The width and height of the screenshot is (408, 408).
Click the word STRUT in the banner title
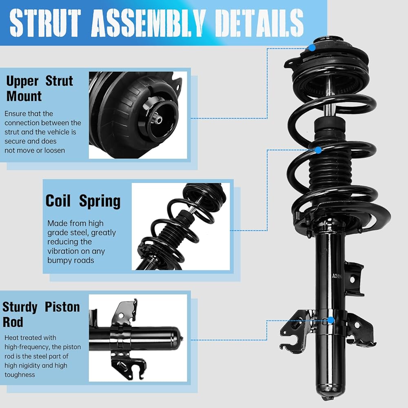45,22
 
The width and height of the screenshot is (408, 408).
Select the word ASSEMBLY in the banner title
147,22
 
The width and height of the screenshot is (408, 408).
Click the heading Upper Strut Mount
40,89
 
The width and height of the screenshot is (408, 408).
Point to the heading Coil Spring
83,201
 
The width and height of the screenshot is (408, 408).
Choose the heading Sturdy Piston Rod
41,315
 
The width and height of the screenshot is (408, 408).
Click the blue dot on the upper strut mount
312,48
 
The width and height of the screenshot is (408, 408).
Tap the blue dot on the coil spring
318,150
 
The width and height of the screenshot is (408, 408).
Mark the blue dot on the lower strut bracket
331,320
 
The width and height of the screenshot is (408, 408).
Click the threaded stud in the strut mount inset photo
157,120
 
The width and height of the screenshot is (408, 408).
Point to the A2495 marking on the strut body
337,276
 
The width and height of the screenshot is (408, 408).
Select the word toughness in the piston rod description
20,375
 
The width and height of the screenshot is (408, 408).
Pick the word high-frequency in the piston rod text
27,347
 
